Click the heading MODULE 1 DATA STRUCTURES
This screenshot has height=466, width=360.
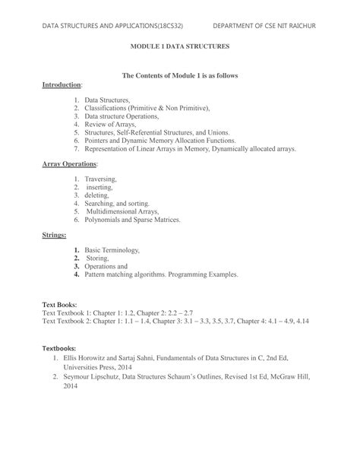[180, 46]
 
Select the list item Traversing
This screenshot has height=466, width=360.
[100, 179]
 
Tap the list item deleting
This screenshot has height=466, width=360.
[97, 195]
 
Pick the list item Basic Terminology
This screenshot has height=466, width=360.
[112, 249]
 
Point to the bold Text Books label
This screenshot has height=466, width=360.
[59, 304]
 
